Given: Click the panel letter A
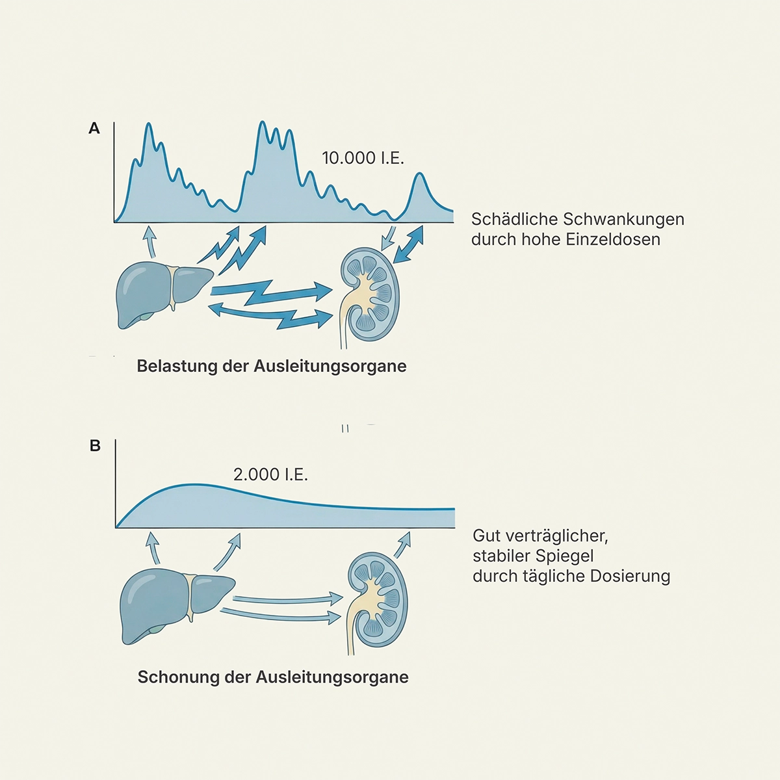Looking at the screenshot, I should (94, 129).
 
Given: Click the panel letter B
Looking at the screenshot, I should (95, 446).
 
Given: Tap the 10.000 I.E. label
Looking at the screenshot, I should (363, 158).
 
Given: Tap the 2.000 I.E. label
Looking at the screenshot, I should (270, 474).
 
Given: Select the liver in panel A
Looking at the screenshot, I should (162, 292).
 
